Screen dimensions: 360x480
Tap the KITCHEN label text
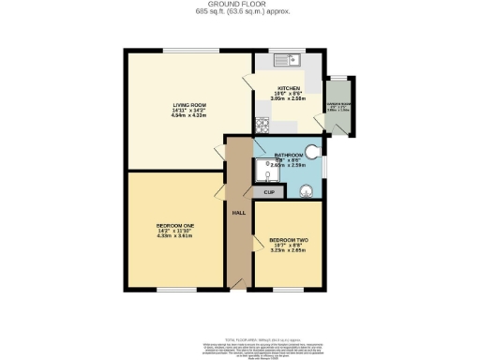[x=289, y=88]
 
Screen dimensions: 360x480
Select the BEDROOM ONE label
[x=175, y=227]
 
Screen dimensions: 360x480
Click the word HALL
[x=238, y=211]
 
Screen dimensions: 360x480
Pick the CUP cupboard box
[x=268, y=192]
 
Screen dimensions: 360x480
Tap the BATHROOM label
[x=288, y=155]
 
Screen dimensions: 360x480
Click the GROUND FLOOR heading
[x=240, y=5]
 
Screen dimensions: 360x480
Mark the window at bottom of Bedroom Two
[x=287, y=290]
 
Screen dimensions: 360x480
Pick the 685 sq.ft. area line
[x=240, y=12]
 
